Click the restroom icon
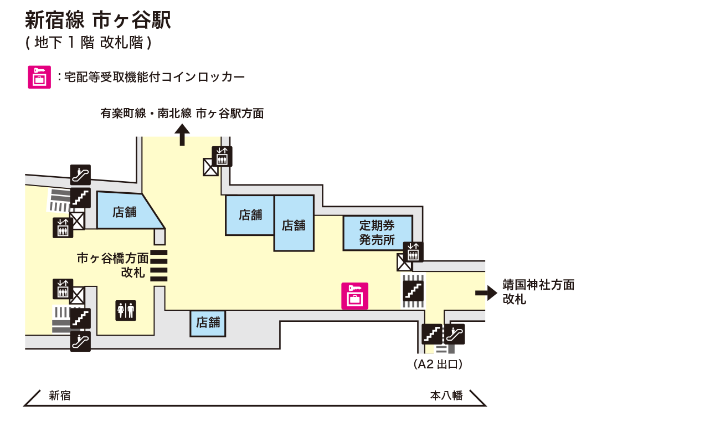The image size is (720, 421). [125, 310]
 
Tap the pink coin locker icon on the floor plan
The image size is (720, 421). [354, 296]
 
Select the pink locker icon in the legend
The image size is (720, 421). [39, 78]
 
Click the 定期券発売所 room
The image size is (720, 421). [377, 233]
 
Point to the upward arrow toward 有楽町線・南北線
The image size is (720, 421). [182, 135]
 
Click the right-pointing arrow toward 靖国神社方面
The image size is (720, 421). [486, 293]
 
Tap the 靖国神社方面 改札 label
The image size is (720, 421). [538, 292]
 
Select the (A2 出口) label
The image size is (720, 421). [438, 364]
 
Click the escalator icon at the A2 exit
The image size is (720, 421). [455, 334]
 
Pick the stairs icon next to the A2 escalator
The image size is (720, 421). [432, 334]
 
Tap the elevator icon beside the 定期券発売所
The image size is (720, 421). [413, 252]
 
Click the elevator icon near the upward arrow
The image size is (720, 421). [222, 156]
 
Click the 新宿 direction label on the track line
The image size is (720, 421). [60, 396]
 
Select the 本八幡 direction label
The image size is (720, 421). [446, 396]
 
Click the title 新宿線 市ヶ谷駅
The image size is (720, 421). [98, 20]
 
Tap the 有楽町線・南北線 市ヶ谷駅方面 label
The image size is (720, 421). [182, 114]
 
